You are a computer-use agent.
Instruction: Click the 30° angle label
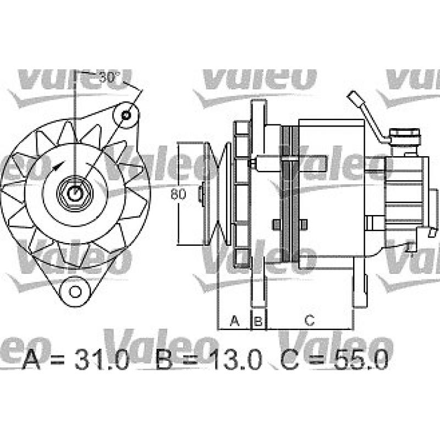click(109, 78)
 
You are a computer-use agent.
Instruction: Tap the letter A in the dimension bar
click(235, 320)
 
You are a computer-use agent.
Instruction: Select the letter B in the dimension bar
click(258, 320)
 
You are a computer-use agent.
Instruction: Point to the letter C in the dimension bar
click(309, 320)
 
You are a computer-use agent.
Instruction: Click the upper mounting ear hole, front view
click(127, 115)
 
